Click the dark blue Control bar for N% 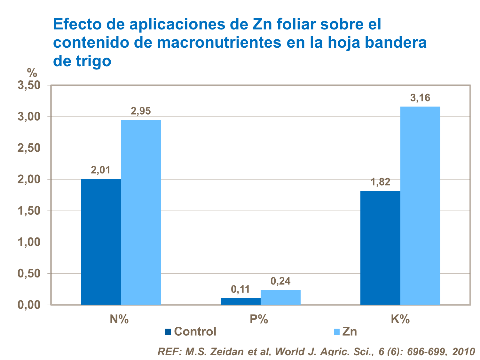point(101,242)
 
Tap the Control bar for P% point(240,301)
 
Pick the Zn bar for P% point(280,297)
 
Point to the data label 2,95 point(141,111)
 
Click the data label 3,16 point(420,98)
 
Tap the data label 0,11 point(240,289)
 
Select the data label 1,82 point(380,182)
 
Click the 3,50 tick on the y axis point(29,85)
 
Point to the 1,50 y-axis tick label point(29,211)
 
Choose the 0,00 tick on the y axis point(29,305)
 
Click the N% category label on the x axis point(119,319)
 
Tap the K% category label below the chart point(400,319)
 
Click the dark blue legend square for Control point(168,332)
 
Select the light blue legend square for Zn point(336,332)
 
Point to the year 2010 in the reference point(464,352)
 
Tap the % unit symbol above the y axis point(32,73)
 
